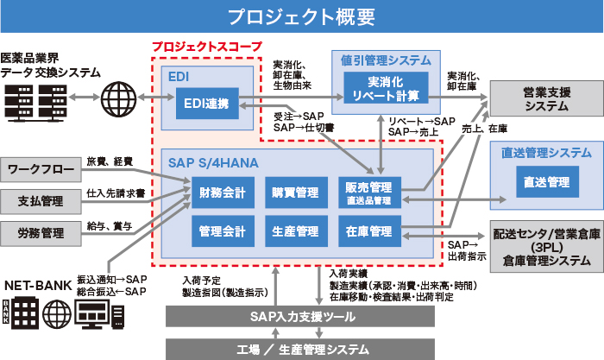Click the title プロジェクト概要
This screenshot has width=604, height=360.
(301, 16)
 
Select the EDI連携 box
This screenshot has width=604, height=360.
(206, 104)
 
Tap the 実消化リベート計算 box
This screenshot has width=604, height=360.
(386, 88)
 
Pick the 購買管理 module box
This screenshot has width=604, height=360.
(295, 192)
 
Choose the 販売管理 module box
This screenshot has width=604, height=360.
(368, 192)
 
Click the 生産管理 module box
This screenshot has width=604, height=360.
(295, 231)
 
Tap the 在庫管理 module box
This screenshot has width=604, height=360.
(368, 231)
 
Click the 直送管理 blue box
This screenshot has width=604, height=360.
(545, 182)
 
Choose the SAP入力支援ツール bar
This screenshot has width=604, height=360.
(303, 317)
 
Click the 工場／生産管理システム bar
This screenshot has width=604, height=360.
(303, 349)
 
